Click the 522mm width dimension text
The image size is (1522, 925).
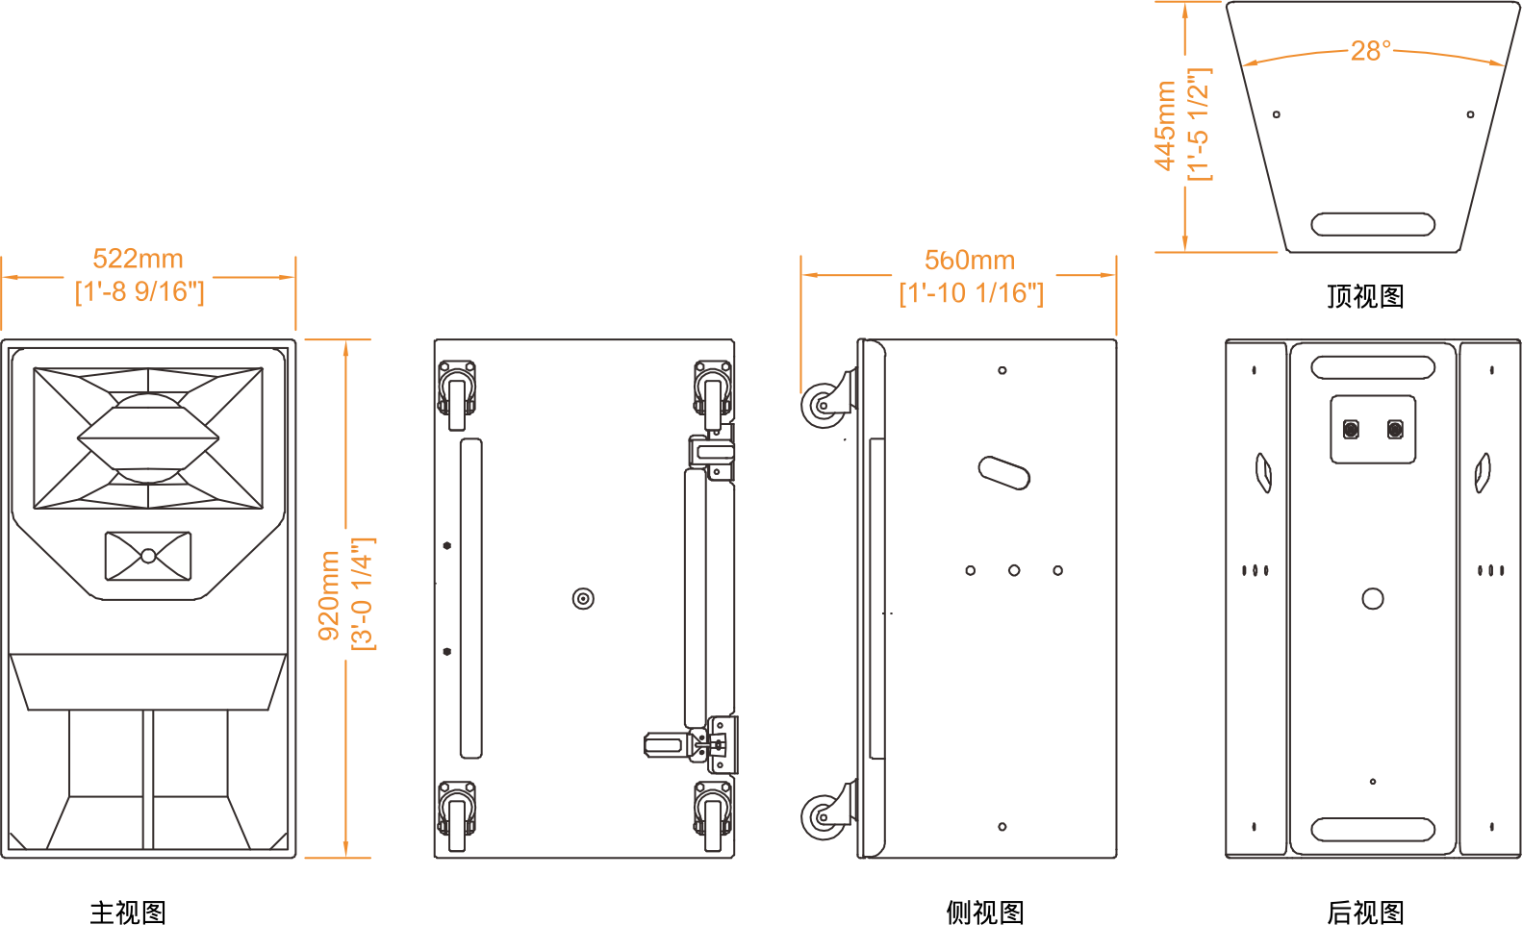[x=138, y=259]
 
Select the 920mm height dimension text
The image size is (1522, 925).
[x=329, y=595]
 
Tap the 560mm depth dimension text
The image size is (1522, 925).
[x=969, y=260]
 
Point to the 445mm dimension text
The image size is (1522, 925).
[x=1166, y=126]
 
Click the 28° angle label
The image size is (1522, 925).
[x=1370, y=50]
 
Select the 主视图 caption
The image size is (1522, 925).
[x=128, y=912]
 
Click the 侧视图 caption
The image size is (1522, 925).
[x=984, y=912]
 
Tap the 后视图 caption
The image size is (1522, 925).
[x=1365, y=912]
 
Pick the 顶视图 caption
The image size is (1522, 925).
[x=1365, y=296]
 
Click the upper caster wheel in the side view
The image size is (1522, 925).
[x=823, y=405]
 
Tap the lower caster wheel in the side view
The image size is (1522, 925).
[x=824, y=817]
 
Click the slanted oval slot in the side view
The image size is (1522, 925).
[x=1003, y=472]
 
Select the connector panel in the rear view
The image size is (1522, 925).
[x=1373, y=429]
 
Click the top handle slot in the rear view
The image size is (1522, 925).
[x=1373, y=367]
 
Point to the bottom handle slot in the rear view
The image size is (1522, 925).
[x=1373, y=829]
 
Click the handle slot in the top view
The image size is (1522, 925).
[x=1373, y=225]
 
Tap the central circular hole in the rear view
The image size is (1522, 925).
[x=1373, y=599]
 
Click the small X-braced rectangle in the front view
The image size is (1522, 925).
[x=148, y=556]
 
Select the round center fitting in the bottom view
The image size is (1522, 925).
[x=583, y=599]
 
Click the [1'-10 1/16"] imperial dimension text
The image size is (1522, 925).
[x=970, y=292]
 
